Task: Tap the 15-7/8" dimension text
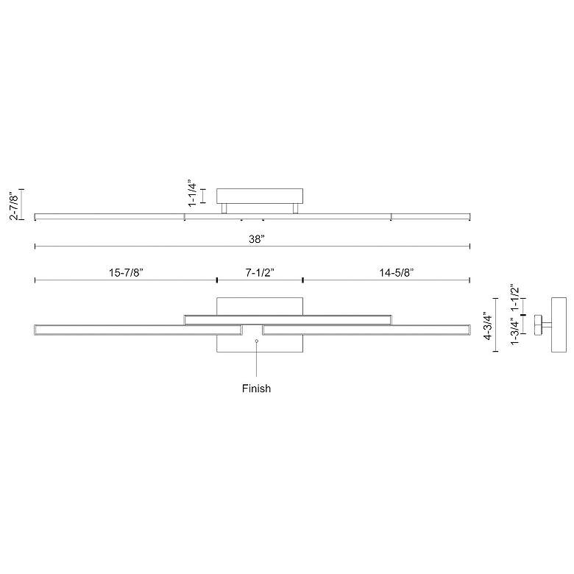tap(126, 272)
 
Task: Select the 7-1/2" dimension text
tap(260, 272)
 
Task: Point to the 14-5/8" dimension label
tap(397, 272)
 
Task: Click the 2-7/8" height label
tap(12, 205)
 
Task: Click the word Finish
tap(256, 389)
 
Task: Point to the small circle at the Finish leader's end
tap(256, 341)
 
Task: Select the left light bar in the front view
tap(138, 330)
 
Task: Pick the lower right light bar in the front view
tap(366, 330)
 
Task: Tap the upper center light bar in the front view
tap(287, 319)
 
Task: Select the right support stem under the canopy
tap(296, 209)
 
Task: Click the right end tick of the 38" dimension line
tap(470, 247)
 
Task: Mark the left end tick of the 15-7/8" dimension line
tap(35, 280)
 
